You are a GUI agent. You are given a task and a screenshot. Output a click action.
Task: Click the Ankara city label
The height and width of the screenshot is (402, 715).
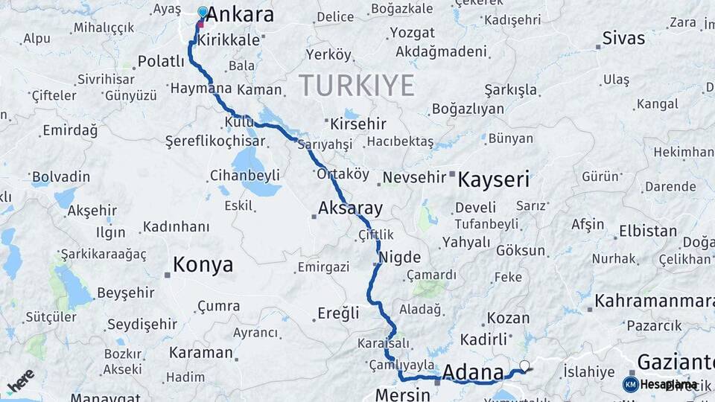click(x=239, y=15)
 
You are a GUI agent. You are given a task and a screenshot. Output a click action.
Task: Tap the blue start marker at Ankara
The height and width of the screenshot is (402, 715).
click(x=203, y=12)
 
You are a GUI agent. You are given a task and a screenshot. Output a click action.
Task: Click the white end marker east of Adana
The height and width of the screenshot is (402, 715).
click(x=524, y=366)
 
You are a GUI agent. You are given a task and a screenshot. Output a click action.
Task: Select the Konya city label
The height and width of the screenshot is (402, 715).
click(x=203, y=264)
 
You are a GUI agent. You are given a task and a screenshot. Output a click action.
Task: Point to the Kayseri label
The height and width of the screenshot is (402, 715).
click(x=493, y=179)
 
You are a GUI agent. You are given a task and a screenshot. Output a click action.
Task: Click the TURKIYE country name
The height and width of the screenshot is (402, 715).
click(x=357, y=86)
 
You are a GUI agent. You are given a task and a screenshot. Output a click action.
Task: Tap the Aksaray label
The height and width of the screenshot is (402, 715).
click(x=350, y=208)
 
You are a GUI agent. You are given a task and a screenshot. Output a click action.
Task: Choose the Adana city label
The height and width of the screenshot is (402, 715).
click(x=473, y=372)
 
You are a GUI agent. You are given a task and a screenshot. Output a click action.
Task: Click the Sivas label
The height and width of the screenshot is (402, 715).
click(x=624, y=38)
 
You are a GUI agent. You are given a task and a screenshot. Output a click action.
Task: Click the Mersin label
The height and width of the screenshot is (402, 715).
click(x=403, y=395)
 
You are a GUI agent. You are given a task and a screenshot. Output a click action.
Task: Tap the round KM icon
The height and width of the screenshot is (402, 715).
click(x=630, y=384)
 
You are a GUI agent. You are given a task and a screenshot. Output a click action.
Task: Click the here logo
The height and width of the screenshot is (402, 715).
click(x=21, y=380)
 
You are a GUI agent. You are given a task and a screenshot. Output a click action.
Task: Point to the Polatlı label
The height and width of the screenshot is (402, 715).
click(x=162, y=62)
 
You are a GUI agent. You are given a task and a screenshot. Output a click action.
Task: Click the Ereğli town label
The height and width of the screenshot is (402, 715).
click(x=338, y=313)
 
